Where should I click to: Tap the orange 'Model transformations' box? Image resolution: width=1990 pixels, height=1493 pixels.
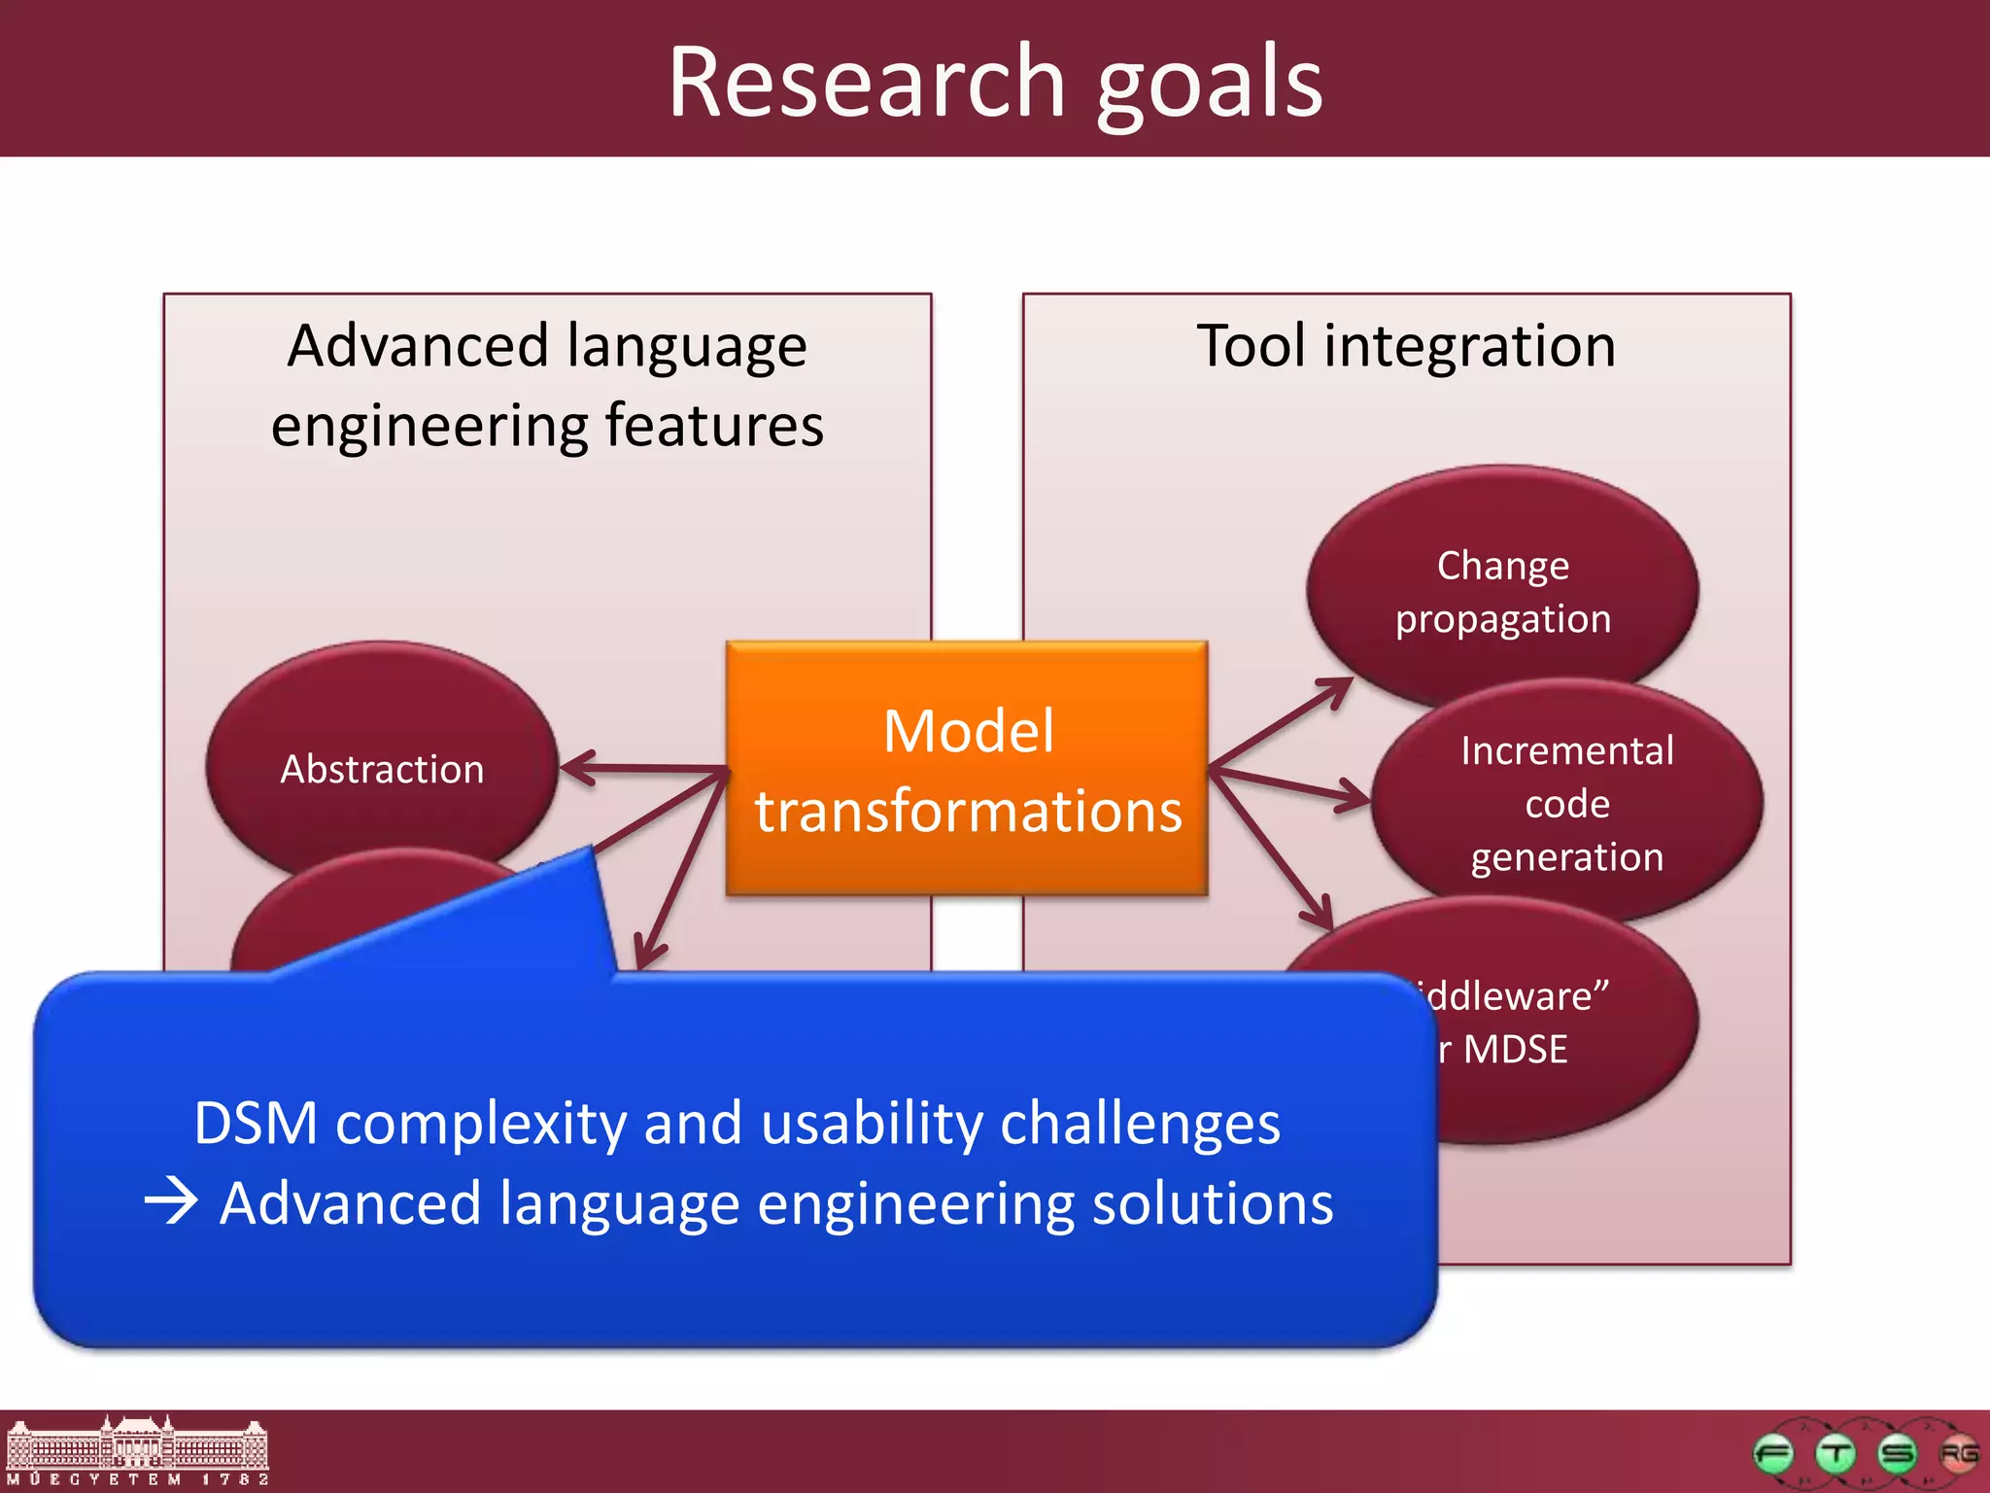pos(967,769)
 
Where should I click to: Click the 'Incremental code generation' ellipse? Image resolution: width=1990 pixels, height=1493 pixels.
pos(1566,803)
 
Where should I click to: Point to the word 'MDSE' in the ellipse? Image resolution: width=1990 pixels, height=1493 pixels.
pos(1516,1050)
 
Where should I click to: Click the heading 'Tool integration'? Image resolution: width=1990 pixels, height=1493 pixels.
pos(1406,346)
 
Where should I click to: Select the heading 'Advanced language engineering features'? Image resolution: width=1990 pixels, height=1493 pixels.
pos(547,385)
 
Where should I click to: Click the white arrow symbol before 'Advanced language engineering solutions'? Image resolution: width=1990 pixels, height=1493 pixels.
pos(171,1202)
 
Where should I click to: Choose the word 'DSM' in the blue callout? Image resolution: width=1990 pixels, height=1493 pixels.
pos(255,1124)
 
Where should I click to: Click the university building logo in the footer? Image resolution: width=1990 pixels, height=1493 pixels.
pos(136,1449)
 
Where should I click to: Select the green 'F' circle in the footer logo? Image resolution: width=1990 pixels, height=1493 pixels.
pos(1773,1454)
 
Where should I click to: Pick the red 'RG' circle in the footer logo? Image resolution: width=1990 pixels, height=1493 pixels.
pos(1958,1454)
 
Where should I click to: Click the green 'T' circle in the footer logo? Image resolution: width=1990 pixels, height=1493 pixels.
pos(1836,1454)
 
